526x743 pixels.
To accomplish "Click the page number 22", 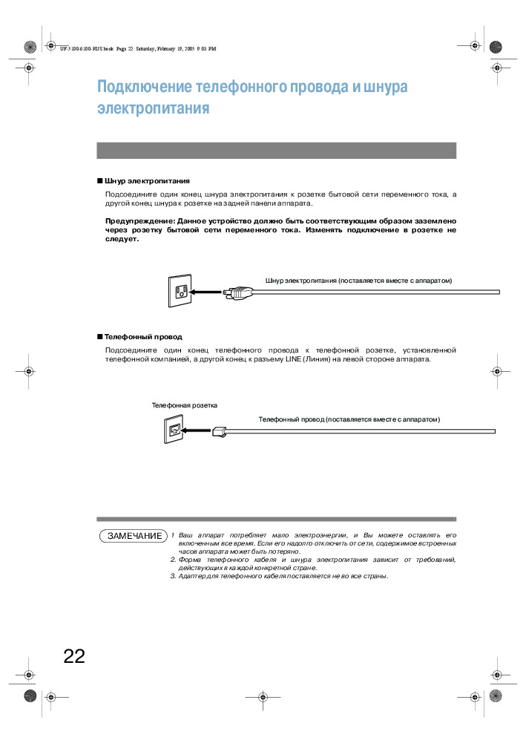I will click(x=74, y=656).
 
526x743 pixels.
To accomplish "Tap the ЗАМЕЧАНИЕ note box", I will click(x=134, y=536).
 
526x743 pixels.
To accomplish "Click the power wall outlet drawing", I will click(x=179, y=292).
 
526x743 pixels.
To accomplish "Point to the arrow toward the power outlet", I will click(x=206, y=292).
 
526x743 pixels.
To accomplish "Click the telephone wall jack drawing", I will click(x=173, y=430).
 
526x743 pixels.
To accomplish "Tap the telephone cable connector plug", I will click(x=218, y=430).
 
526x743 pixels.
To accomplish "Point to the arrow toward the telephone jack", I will click(x=196, y=430).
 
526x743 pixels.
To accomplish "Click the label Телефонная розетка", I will click(x=184, y=405).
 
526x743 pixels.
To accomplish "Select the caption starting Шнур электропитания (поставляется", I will click(x=358, y=280).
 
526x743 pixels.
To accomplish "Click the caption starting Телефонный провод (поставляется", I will click(x=349, y=419).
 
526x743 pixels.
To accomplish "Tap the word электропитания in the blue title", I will click(x=153, y=108).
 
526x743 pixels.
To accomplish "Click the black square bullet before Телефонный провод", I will click(x=99, y=336).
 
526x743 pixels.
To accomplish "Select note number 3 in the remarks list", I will click(x=172, y=576).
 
